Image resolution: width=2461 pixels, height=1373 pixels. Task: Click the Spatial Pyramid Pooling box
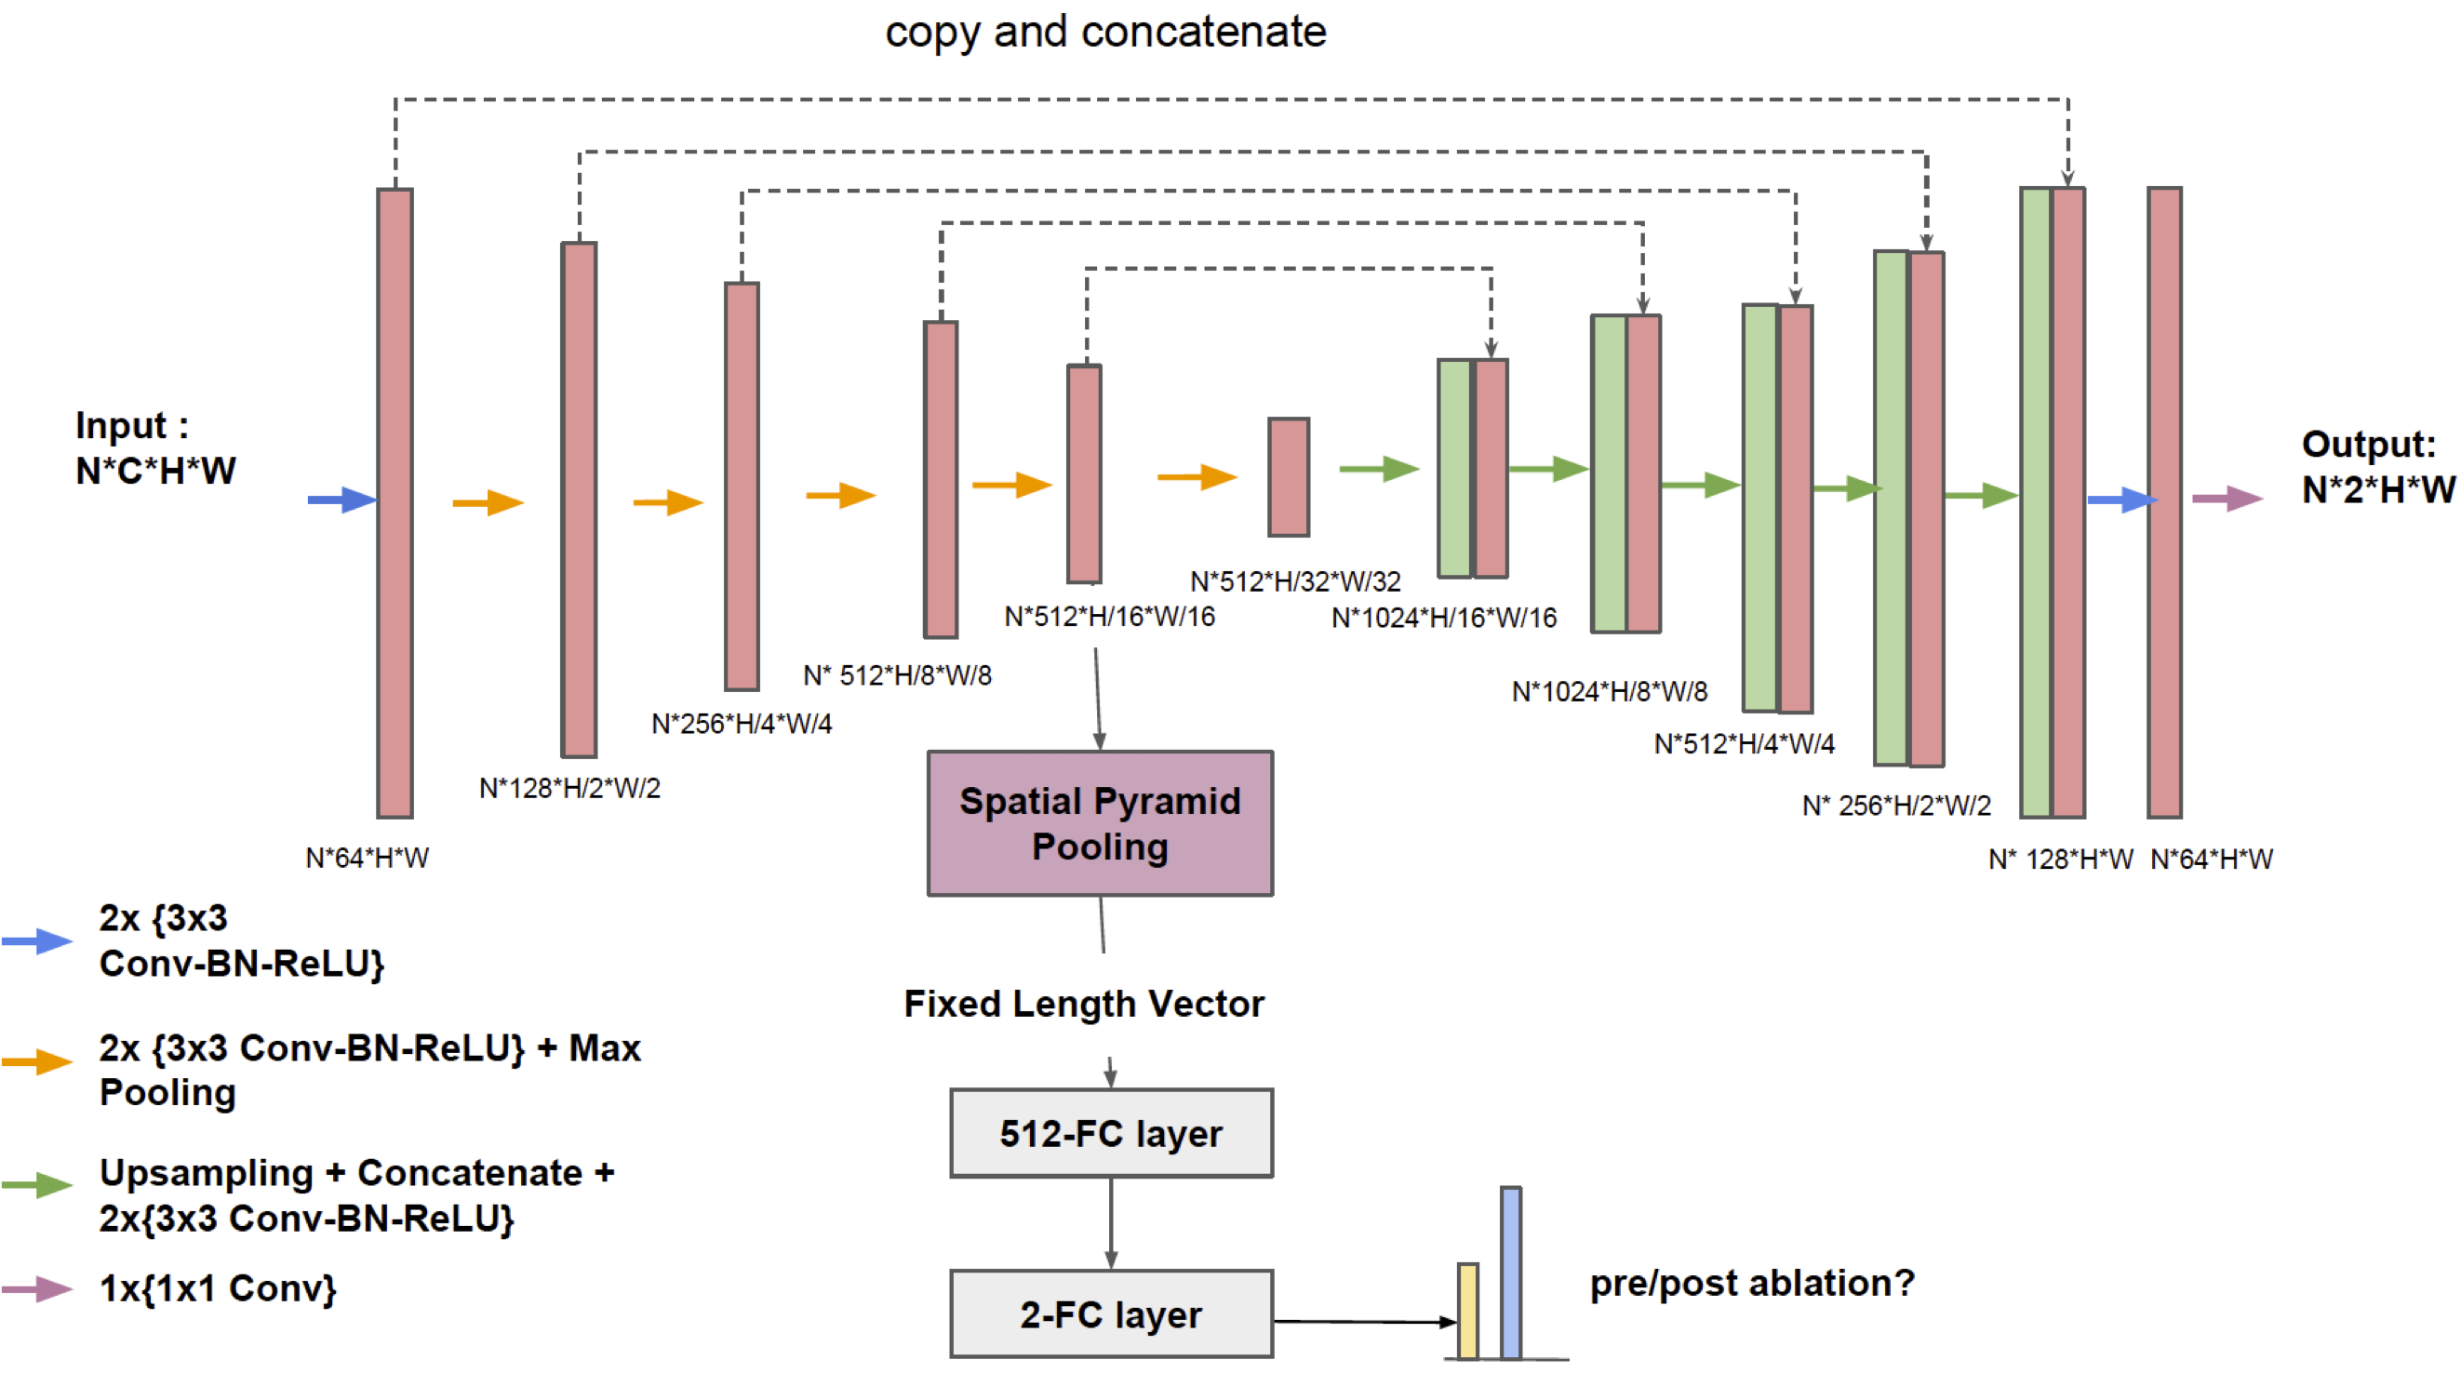(1100, 823)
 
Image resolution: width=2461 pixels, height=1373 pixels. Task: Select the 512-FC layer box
(1111, 1133)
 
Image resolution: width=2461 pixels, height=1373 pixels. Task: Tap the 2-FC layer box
(1111, 1313)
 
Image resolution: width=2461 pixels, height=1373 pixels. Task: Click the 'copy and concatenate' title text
(1105, 32)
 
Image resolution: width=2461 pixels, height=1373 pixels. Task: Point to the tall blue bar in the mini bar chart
(1510, 1273)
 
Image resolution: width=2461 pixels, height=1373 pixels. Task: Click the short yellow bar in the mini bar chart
(1467, 1310)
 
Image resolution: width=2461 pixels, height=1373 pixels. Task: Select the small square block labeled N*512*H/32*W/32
(1288, 477)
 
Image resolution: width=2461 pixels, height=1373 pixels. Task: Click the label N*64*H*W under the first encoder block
(367, 858)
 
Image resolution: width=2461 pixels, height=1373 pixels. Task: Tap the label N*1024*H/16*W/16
(1443, 619)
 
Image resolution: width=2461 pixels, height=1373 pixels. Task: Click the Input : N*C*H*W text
(154, 448)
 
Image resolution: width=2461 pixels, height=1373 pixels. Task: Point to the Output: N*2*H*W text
(2376, 467)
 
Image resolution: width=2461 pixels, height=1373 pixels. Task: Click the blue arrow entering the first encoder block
(341, 500)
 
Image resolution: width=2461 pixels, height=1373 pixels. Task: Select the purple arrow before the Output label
(2226, 498)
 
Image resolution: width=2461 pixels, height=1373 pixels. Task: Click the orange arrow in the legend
(37, 1061)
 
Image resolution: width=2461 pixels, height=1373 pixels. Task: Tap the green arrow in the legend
(37, 1185)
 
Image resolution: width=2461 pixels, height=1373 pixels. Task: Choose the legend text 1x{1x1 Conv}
(218, 1289)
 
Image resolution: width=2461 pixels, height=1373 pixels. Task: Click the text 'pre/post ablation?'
(1751, 1283)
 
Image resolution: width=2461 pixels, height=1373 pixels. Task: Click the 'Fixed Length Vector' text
(1083, 1005)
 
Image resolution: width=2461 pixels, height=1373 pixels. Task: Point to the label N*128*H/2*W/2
(569, 788)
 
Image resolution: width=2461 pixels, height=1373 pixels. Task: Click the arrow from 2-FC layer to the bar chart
(1364, 1322)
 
